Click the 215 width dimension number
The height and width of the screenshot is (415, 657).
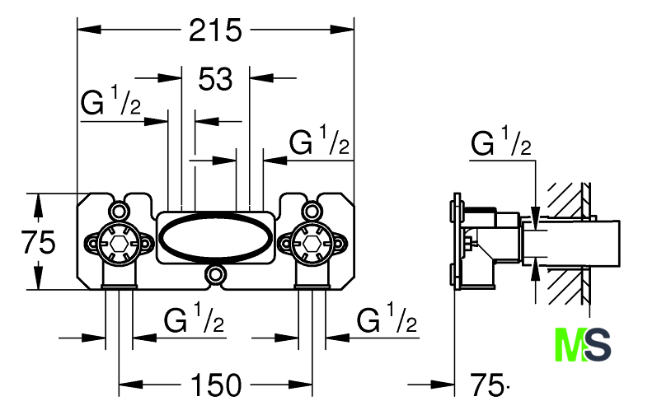click(215, 30)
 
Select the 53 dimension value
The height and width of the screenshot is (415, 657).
click(215, 79)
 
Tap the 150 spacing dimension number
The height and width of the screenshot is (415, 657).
click(216, 385)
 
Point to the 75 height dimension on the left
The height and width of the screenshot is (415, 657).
click(38, 242)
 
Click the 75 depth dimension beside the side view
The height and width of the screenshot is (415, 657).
click(486, 385)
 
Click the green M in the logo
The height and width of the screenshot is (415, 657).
click(570, 345)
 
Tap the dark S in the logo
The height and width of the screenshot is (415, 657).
click(597, 345)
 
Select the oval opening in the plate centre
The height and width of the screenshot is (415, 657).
click(214, 237)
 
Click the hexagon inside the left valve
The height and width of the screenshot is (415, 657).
click(119, 243)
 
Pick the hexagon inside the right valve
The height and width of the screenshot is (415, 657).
click(312, 243)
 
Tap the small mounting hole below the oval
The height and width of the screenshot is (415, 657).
click(215, 274)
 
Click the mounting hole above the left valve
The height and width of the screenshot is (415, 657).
click(119, 211)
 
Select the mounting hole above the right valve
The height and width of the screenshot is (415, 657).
click(312, 211)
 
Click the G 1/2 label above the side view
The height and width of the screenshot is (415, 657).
click(500, 142)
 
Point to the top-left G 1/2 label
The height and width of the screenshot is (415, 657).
click(110, 100)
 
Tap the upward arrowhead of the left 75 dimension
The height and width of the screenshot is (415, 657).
click(38, 205)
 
